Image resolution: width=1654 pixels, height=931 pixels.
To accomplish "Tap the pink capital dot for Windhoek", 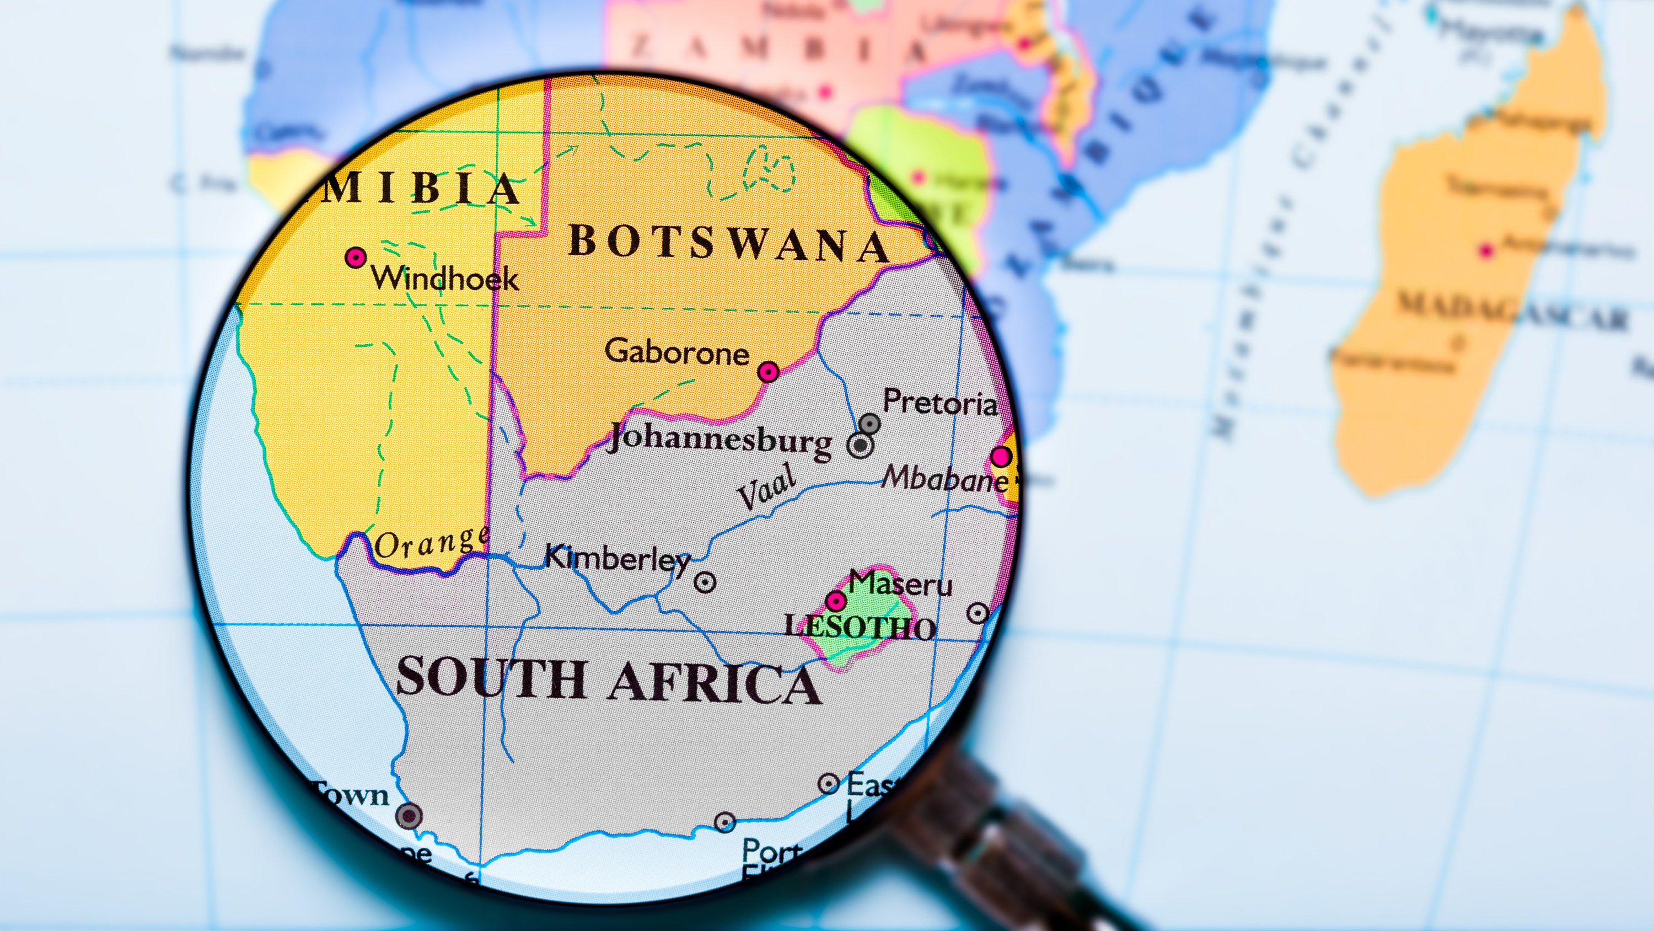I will pyautogui.click(x=356, y=258).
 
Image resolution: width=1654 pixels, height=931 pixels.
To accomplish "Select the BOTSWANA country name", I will pyautogui.click(x=729, y=244).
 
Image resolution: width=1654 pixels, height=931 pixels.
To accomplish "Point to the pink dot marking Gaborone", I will pyautogui.click(x=769, y=371).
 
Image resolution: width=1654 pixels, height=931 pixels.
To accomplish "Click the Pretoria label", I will pyautogui.click(x=940, y=403).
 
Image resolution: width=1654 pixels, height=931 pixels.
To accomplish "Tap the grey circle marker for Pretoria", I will pyautogui.click(x=869, y=424).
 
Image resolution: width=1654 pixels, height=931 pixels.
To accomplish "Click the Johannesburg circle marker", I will pyautogui.click(x=861, y=445).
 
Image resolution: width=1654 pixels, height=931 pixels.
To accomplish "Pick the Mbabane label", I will pyautogui.click(x=944, y=479).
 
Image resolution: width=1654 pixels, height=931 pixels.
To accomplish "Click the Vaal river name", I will pyautogui.click(x=767, y=486).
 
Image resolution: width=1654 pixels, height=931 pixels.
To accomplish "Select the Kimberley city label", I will pyautogui.click(x=617, y=559).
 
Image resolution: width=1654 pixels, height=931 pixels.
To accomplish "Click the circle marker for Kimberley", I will pyautogui.click(x=705, y=582).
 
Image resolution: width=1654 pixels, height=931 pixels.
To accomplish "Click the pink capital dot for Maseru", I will pyautogui.click(x=835, y=601).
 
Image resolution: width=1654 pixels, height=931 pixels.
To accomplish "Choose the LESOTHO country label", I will pyautogui.click(x=861, y=627).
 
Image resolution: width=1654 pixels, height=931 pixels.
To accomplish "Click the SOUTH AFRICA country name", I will pyautogui.click(x=608, y=681).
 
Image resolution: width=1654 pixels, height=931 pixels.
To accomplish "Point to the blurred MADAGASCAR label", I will pyautogui.click(x=1512, y=312).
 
